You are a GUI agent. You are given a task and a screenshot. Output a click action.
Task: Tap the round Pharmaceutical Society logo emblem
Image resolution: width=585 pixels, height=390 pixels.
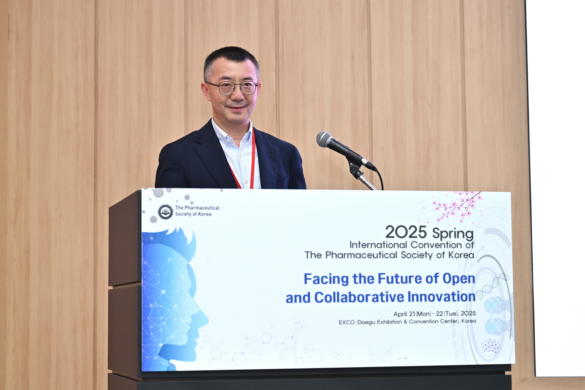166,212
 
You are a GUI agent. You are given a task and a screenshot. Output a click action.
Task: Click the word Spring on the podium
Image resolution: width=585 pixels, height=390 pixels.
453,234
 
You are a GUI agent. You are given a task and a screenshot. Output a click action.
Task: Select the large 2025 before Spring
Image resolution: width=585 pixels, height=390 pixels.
406,232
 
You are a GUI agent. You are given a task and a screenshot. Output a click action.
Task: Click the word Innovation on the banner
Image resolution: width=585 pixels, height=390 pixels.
441,297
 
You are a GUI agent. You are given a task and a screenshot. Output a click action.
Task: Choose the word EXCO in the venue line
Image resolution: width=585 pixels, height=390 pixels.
347,322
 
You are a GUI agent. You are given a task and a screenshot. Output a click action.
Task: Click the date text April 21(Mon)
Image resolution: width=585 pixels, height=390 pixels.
412,314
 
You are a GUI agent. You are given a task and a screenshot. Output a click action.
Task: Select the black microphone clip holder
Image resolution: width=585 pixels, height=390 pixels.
355,167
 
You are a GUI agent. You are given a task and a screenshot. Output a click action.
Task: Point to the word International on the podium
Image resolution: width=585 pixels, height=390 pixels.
378,245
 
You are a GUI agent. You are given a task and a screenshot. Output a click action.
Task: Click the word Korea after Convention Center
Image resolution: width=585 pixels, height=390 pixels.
469,321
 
